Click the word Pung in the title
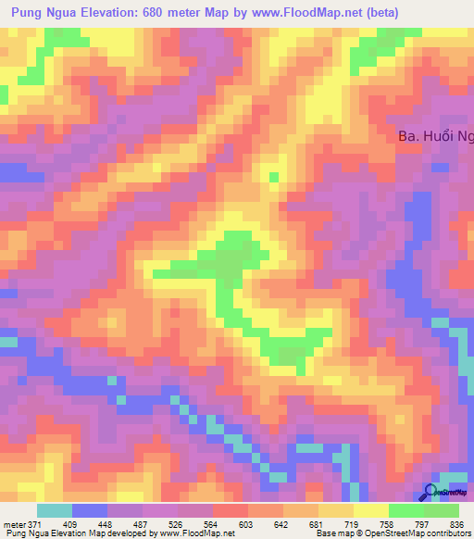point(24,13)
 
